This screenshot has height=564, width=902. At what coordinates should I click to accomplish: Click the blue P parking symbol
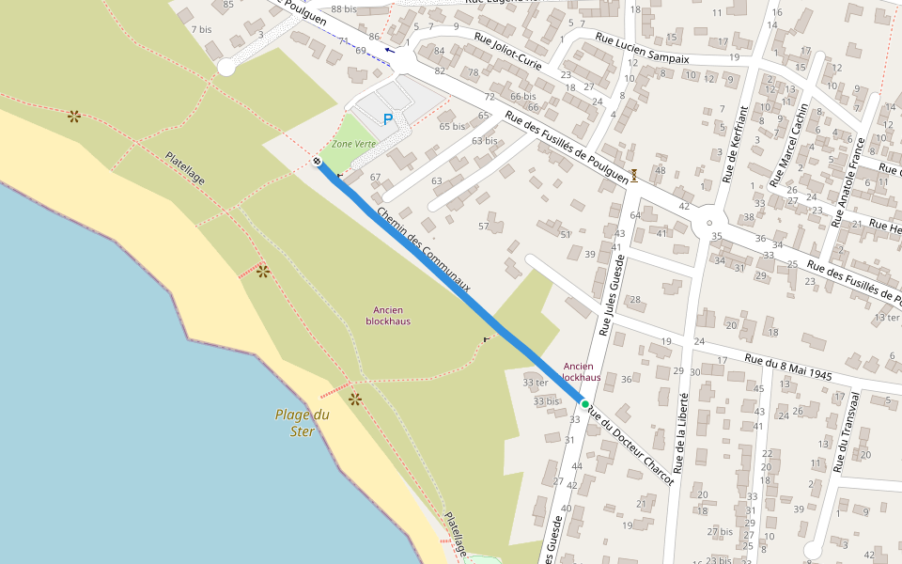click(x=387, y=118)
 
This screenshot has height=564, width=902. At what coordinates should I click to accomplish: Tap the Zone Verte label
click(x=353, y=143)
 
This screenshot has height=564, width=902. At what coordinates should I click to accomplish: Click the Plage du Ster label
click(x=302, y=422)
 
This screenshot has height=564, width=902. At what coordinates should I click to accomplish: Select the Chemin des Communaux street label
click(x=423, y=249)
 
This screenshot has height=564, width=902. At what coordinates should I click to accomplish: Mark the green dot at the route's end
click(x=584, y=403)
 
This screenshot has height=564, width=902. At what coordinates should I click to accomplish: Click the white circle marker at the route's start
click(x=318, y=162)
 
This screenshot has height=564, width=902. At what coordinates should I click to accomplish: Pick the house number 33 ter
click(x=536, y=382)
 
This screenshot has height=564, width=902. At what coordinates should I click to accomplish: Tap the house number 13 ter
click(x=887, y=318)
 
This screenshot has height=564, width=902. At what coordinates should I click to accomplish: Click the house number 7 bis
click(x=201, y=29)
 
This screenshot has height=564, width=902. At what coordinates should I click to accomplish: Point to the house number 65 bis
click(x=452, y=126)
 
